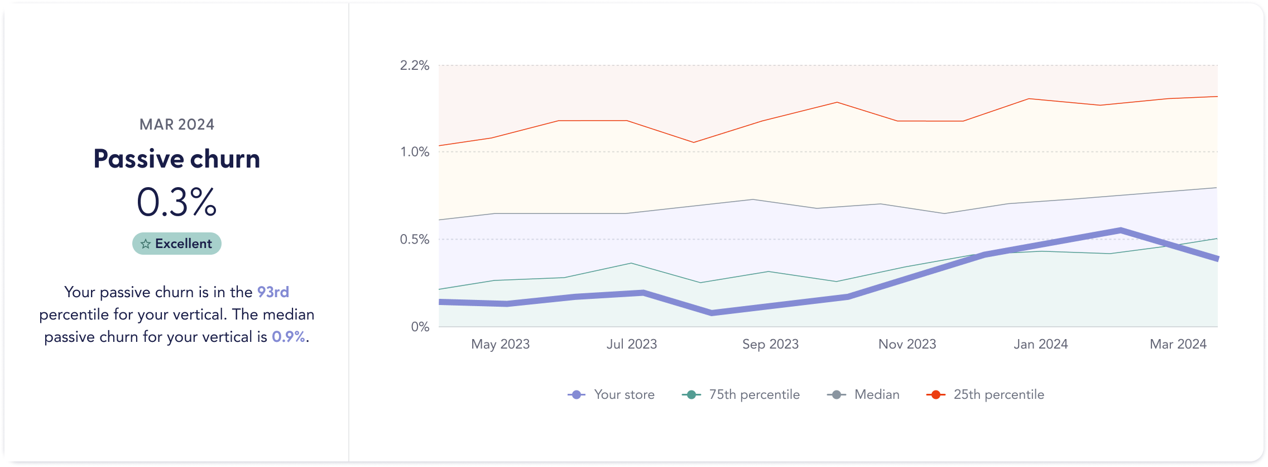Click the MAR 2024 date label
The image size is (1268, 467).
pos(177,125)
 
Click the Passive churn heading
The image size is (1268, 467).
pos(177,159)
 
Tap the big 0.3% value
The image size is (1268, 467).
pos(177,202)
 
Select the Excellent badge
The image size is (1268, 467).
pos(177,244)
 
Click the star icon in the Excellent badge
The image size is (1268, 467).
pos(146,244)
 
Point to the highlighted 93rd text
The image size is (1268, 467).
pos(273,292)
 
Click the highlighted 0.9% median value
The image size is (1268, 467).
pos(289,337)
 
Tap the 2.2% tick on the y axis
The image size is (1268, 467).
pos(414,66)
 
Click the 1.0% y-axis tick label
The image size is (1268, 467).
pos(414,152)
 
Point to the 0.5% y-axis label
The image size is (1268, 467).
pos(414,240)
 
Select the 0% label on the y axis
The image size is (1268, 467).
pos(420,327)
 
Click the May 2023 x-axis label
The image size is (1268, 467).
pos(500,344)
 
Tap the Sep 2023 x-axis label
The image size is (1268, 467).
pos(770,344)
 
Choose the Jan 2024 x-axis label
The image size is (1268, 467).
pos(1040,344)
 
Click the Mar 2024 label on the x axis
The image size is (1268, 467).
pos(1178,344)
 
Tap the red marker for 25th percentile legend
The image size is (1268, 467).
pos(935,395)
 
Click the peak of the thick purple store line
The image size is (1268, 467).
pos(1120,230)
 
